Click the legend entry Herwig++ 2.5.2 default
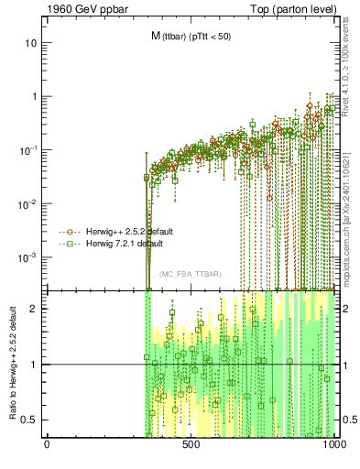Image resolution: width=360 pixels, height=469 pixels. pos(135,232)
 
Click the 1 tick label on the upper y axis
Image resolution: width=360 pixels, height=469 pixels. pos(34,96)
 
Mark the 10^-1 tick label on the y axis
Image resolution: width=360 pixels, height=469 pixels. pos(29,149)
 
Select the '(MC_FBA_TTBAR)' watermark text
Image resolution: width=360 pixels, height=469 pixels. pos(190,274)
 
